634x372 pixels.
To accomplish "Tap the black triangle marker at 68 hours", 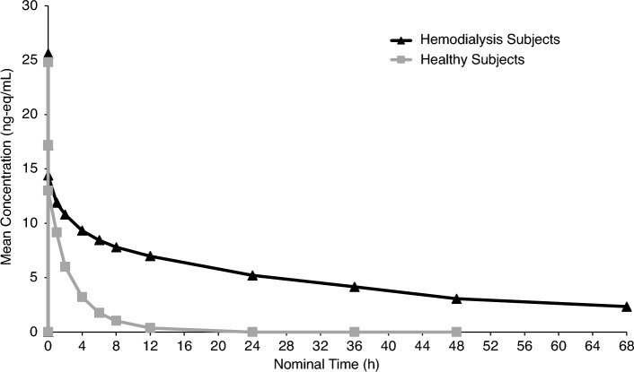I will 627,307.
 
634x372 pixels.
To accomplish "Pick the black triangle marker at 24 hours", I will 252,275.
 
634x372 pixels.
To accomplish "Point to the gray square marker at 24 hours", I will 252,332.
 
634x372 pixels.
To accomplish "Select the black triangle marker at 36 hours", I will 355,287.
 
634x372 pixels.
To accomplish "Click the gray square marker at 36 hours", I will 355,332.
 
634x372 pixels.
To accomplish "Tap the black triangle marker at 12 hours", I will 150,255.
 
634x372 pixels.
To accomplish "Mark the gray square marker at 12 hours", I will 150,328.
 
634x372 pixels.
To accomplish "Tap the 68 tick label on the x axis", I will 627,345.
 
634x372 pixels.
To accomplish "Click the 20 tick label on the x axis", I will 218,345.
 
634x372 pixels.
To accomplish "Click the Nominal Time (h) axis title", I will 337,363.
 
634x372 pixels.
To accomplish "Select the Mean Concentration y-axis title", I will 9,169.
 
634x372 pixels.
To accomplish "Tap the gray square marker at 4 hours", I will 82,297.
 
